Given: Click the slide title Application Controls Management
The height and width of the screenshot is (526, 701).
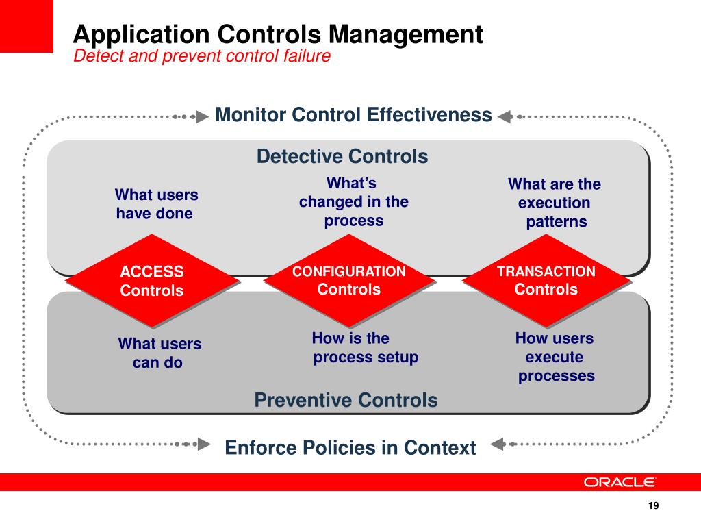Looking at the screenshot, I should [278, 34].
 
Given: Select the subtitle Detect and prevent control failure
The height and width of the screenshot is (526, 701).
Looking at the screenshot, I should [202, 56].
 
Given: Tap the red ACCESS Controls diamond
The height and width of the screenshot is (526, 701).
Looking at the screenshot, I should [152, 281].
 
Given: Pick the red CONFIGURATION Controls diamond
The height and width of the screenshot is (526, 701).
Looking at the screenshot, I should [349, 280].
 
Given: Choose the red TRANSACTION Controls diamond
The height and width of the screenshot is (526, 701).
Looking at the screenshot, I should [546, 280].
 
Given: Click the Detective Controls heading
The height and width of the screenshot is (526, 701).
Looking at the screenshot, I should [342, 157].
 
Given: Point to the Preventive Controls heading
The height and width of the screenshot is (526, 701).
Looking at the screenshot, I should [346, 400].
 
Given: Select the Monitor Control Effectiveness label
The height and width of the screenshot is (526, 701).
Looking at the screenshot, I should [353, 114].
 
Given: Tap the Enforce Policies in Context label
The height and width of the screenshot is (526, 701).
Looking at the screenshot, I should [350, 448].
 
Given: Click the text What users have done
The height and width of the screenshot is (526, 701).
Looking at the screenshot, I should [155, 204].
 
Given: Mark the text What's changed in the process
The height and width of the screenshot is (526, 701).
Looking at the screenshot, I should [353, 202].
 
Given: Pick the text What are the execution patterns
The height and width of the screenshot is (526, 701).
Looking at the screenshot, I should [555, 203].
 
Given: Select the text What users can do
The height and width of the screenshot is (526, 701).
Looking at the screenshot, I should [159, 353].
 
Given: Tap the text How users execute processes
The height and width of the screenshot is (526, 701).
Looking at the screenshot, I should [555, 357].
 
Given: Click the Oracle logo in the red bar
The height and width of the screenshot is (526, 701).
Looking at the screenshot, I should [620, 482].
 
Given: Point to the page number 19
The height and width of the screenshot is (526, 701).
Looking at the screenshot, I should [652, 506].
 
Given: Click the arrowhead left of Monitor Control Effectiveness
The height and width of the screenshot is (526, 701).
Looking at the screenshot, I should [202, 116].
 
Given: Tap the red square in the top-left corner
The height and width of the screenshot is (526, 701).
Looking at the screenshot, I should [26, 26].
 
